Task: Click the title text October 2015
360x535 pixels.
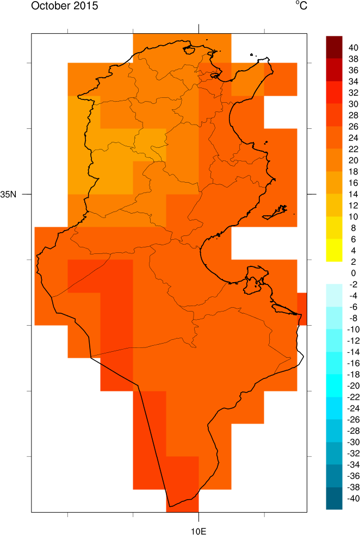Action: (x=57, y=7)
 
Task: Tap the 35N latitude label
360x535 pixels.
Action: (x=9, y=194)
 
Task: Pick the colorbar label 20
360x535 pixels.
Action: (x=353, y=160)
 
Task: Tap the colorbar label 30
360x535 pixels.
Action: (x=353, y=104)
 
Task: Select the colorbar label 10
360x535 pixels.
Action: (x=353, y=217)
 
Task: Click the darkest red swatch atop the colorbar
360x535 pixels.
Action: (x=333, y=42)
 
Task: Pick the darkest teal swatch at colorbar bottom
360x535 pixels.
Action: (x=333, y=503)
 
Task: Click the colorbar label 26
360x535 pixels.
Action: (x=353, y=127)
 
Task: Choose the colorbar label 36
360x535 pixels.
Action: (x=353, y=70)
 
